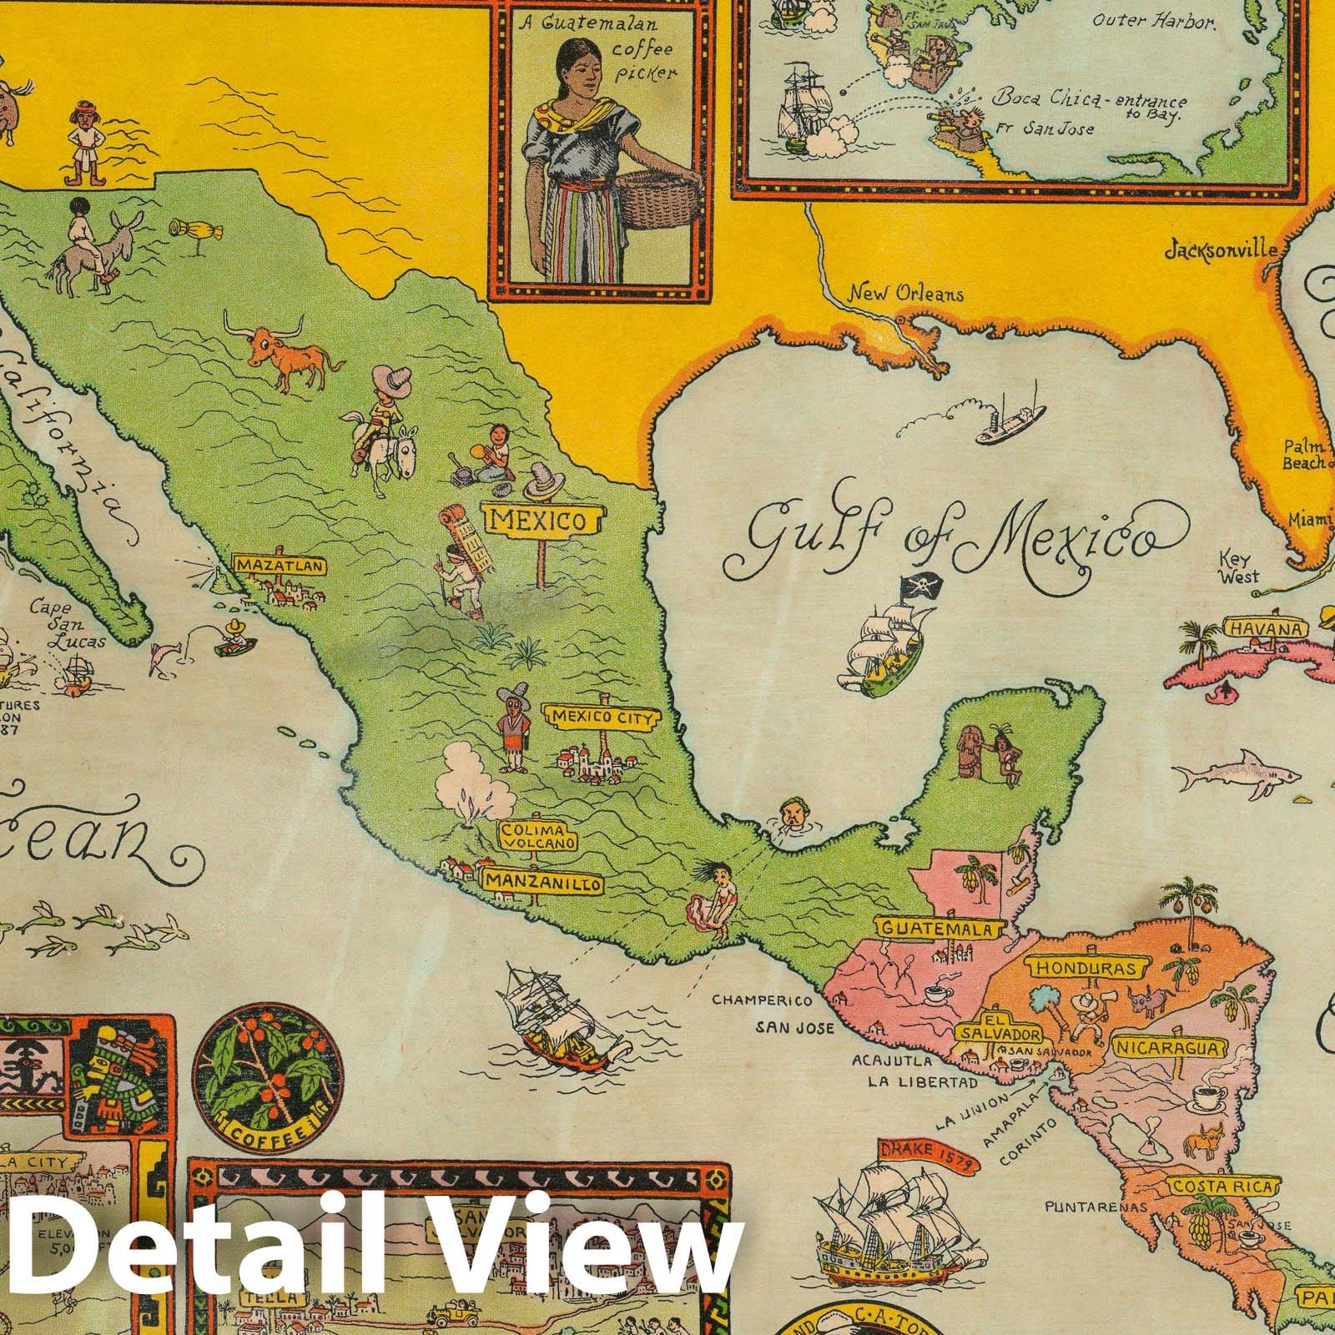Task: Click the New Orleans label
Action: click(906, 294)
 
